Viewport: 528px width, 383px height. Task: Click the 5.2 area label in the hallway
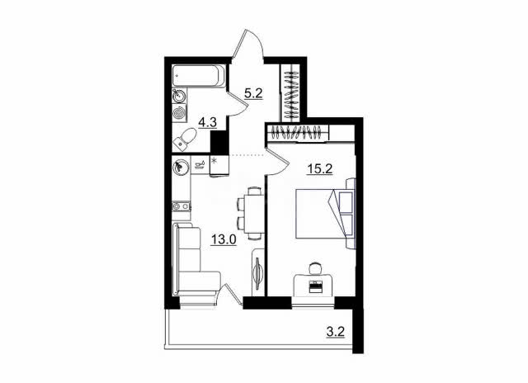[x=253, y=92]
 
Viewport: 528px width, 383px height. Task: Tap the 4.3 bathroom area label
[x=207, y=122]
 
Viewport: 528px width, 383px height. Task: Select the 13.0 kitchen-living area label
[x=224, y=239]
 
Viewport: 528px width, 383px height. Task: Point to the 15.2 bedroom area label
[x=319, y=168]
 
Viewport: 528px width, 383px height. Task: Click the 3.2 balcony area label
[x=336, y=332]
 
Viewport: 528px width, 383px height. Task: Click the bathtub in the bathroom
[x=199, y=76]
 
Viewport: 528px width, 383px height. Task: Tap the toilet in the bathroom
[x=185, y=139]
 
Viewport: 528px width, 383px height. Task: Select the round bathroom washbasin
[x=178, y=96]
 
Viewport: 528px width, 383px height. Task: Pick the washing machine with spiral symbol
[x=179, y=113]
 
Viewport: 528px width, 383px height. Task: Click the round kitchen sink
[x=179, y=167]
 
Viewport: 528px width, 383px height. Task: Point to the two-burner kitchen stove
[x=181, y=206]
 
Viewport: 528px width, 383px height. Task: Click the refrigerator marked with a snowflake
[x=219, y=165]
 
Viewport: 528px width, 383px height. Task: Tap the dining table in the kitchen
[x=254, y=214]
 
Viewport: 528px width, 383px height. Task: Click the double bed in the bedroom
[x=325, y=213]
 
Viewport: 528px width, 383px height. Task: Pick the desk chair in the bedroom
[x=316, y=268]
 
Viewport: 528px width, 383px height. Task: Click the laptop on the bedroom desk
[x=316, y=286]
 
